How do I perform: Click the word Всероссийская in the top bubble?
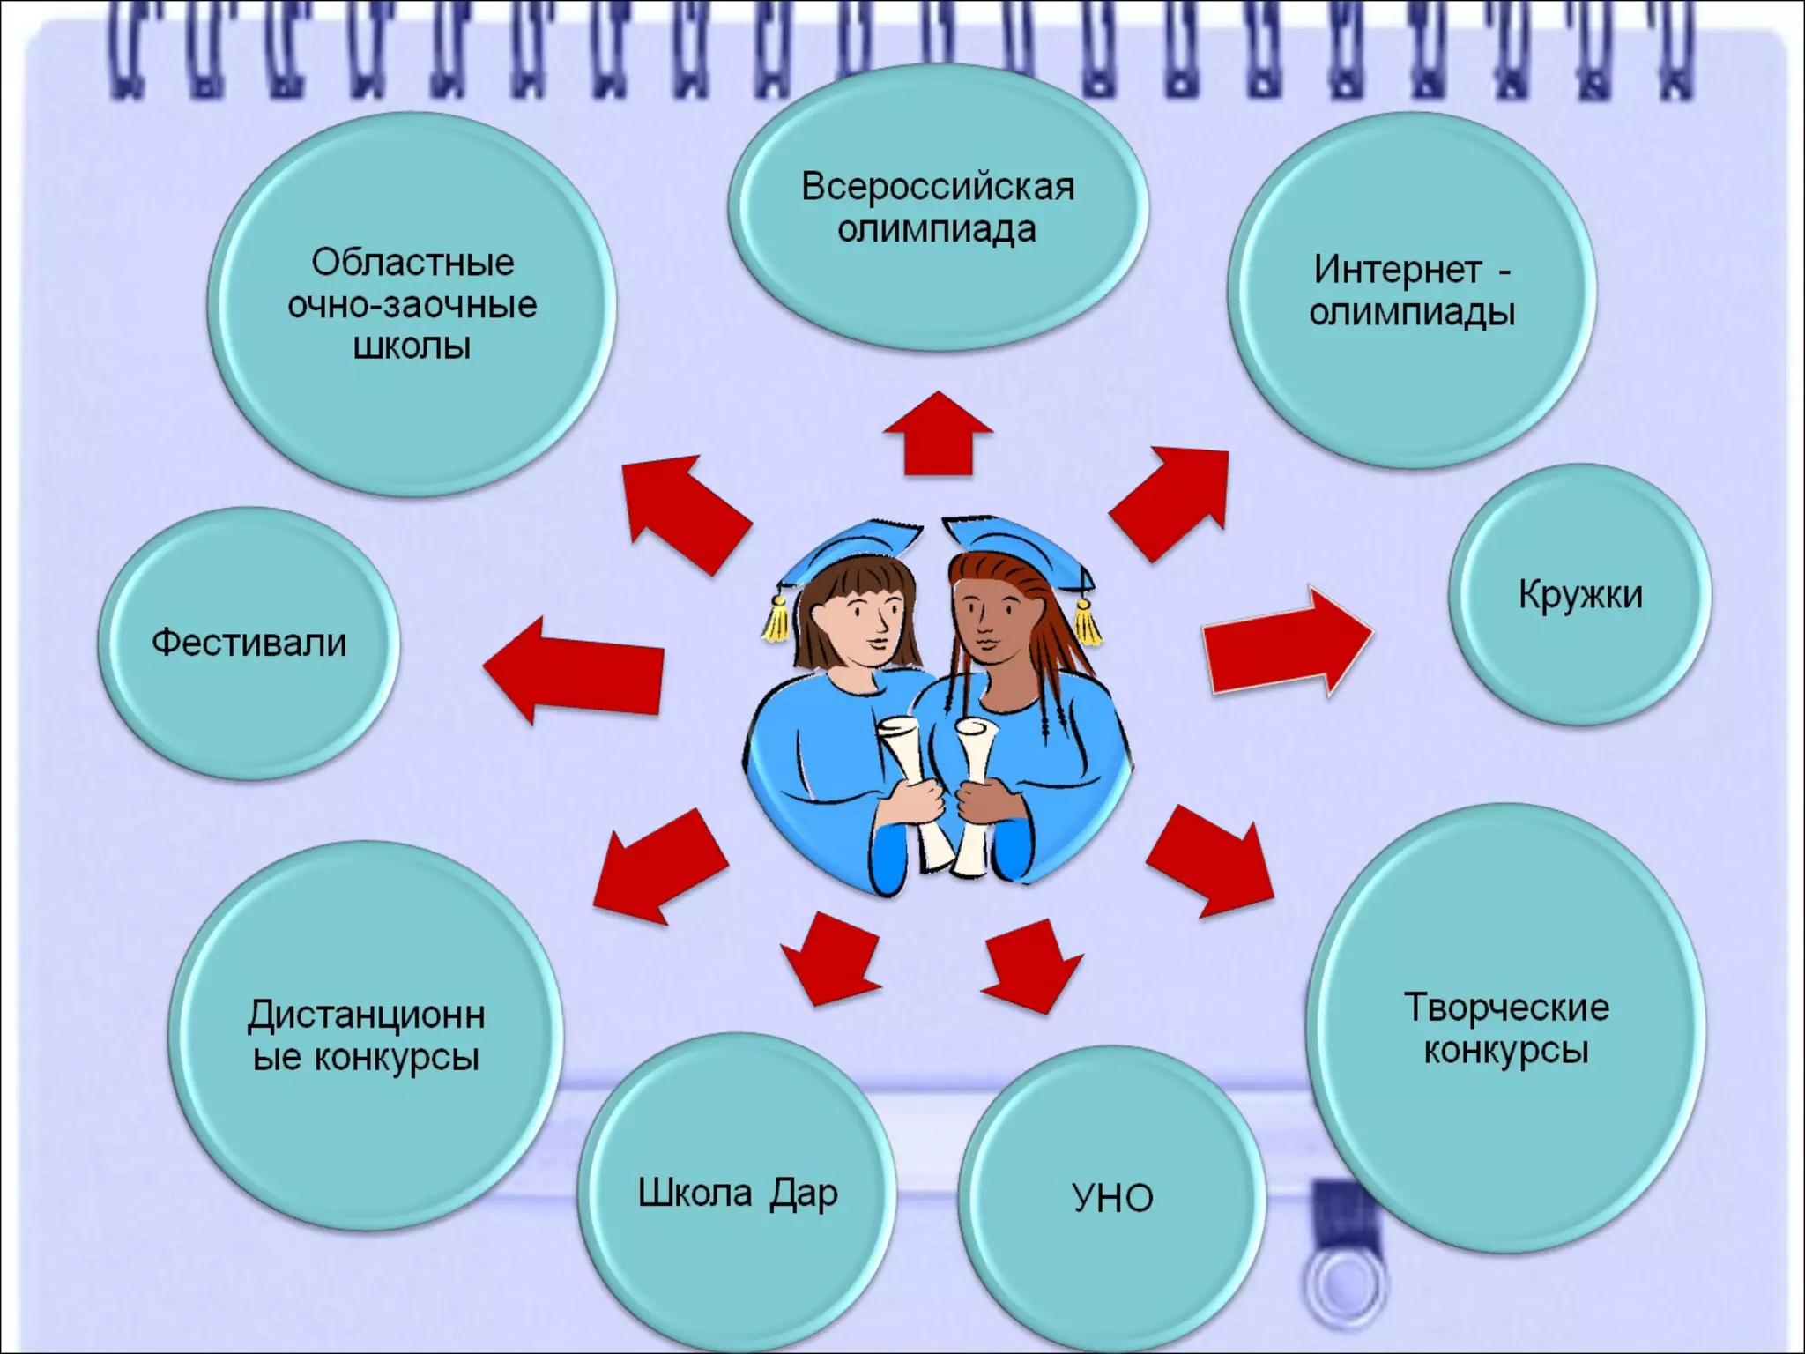point(937,188)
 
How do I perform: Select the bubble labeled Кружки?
point(1580,595)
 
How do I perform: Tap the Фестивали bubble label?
point(249,643)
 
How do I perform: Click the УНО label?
point(1112,1198)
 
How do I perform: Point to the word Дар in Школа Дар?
point(803,1194)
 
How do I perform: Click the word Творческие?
point(1506,1008)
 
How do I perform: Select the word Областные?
point(412,263)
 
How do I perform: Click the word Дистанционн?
point(366,1015)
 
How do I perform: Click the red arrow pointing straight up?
point(938,434)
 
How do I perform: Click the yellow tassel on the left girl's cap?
point(776,617)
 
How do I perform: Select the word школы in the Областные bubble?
point(412,346)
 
